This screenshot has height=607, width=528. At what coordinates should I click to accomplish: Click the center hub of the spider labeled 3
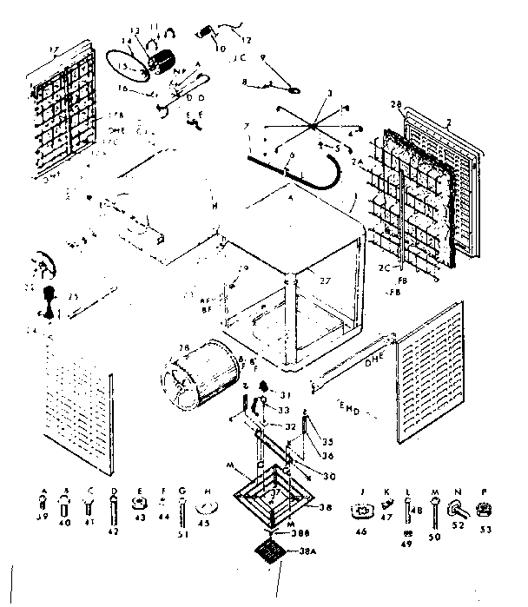309,126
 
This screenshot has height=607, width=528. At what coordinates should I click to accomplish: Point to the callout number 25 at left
74,297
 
